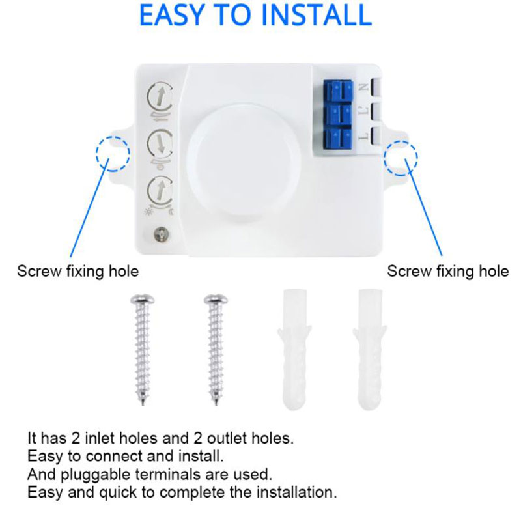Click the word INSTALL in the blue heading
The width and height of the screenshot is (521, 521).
click(317, 15)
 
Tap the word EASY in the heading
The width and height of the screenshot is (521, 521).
click(171, 15)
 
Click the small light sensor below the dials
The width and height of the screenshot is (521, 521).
click(161, 234)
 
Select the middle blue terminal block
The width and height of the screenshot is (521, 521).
click(338, 115)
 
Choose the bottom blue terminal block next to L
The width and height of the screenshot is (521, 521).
click(338, 138)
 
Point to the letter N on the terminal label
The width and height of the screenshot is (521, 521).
click(363, 88)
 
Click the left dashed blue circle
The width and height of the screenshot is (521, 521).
click(113, 154)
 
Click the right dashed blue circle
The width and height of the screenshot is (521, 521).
click(401, 158)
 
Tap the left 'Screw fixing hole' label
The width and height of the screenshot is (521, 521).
click(77, 271)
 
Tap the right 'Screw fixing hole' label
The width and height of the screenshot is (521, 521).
click(447, 271)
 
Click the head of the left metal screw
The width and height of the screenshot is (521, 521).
click(142, 299)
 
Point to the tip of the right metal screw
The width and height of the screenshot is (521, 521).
click(216, 404)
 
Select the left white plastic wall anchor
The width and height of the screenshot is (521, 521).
click(295, 349)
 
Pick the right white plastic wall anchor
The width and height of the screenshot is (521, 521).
click(370, 349)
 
